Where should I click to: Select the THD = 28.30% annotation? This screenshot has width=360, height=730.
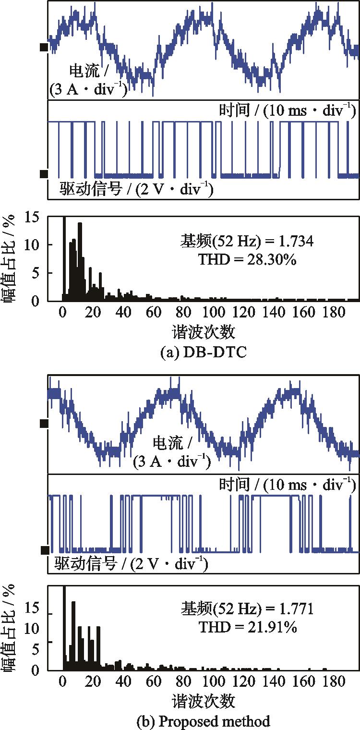coord(248,260)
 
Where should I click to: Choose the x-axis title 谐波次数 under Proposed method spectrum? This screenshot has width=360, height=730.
coord(204,701)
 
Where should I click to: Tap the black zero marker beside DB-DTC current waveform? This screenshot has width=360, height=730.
coord(44,47)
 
